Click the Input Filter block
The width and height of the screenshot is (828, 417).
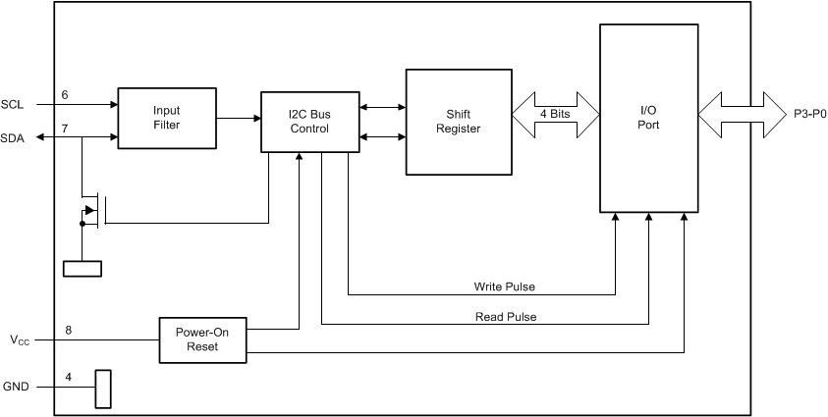click(x=166, y=118)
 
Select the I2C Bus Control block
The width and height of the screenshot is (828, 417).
click(x=309, y=122)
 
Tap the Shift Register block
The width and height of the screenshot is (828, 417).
click(x=459, y=122)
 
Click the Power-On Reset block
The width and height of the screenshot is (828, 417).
click(x=203, y=339)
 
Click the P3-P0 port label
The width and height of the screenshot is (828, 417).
click(x=809, y=114)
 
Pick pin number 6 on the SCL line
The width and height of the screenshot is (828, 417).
click(x=65, y=94)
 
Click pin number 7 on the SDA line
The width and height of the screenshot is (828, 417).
click(x=65, y=129)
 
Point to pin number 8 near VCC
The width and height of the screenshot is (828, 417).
click(x=68, y=331)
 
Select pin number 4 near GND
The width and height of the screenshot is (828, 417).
click(x=68, y=376)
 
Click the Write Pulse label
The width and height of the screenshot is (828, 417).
click(x=505, y=287)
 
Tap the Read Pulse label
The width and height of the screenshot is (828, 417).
click(x=506, y=316)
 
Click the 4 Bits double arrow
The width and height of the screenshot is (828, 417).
click(x=556, y=115)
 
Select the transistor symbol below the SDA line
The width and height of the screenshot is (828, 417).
click(x=93, y=209)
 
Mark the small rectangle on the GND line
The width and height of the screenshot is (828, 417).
click(x=102, y=389)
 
